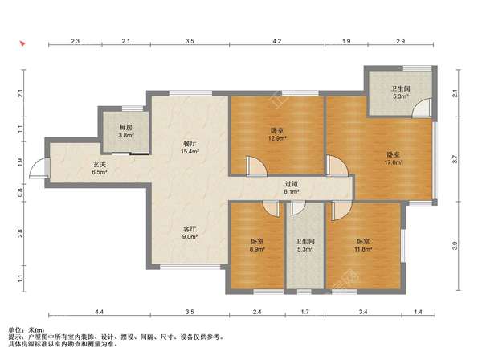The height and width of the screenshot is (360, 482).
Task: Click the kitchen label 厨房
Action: (x=126, y=127)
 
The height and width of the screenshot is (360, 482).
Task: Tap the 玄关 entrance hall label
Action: (x=100, y=165)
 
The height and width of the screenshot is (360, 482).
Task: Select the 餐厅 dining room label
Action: (x=190, y=144)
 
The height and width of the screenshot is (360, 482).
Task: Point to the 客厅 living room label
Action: (x=190, y=229)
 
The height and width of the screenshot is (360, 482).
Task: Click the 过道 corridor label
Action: (x=292, y=184)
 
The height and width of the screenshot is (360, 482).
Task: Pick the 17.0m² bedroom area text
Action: (x=393, y=162)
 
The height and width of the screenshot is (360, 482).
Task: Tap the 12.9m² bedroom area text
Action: (x=277, y=138)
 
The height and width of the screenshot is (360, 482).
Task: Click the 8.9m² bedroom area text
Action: (x=257, y=249)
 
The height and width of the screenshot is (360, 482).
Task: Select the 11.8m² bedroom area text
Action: (x=363, y=249)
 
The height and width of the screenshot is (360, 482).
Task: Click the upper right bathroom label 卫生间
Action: (x=401, y=89)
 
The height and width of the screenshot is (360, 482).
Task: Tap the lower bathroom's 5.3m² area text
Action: (x=305, y=249)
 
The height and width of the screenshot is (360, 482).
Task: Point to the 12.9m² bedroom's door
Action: (x=256, y=166)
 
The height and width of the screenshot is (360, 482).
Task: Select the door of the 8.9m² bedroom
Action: (x=272, y=209)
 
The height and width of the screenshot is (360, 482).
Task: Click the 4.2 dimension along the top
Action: (x=277, y=41)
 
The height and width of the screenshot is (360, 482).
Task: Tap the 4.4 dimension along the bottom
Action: (x=99, y=312)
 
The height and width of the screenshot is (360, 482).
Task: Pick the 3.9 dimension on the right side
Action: (x=455, y=246)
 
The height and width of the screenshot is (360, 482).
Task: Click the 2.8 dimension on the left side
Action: (x=20, y=233)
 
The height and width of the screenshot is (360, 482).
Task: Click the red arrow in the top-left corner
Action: (x=22, y=43)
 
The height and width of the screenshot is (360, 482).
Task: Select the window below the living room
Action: (x=190, y=267)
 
